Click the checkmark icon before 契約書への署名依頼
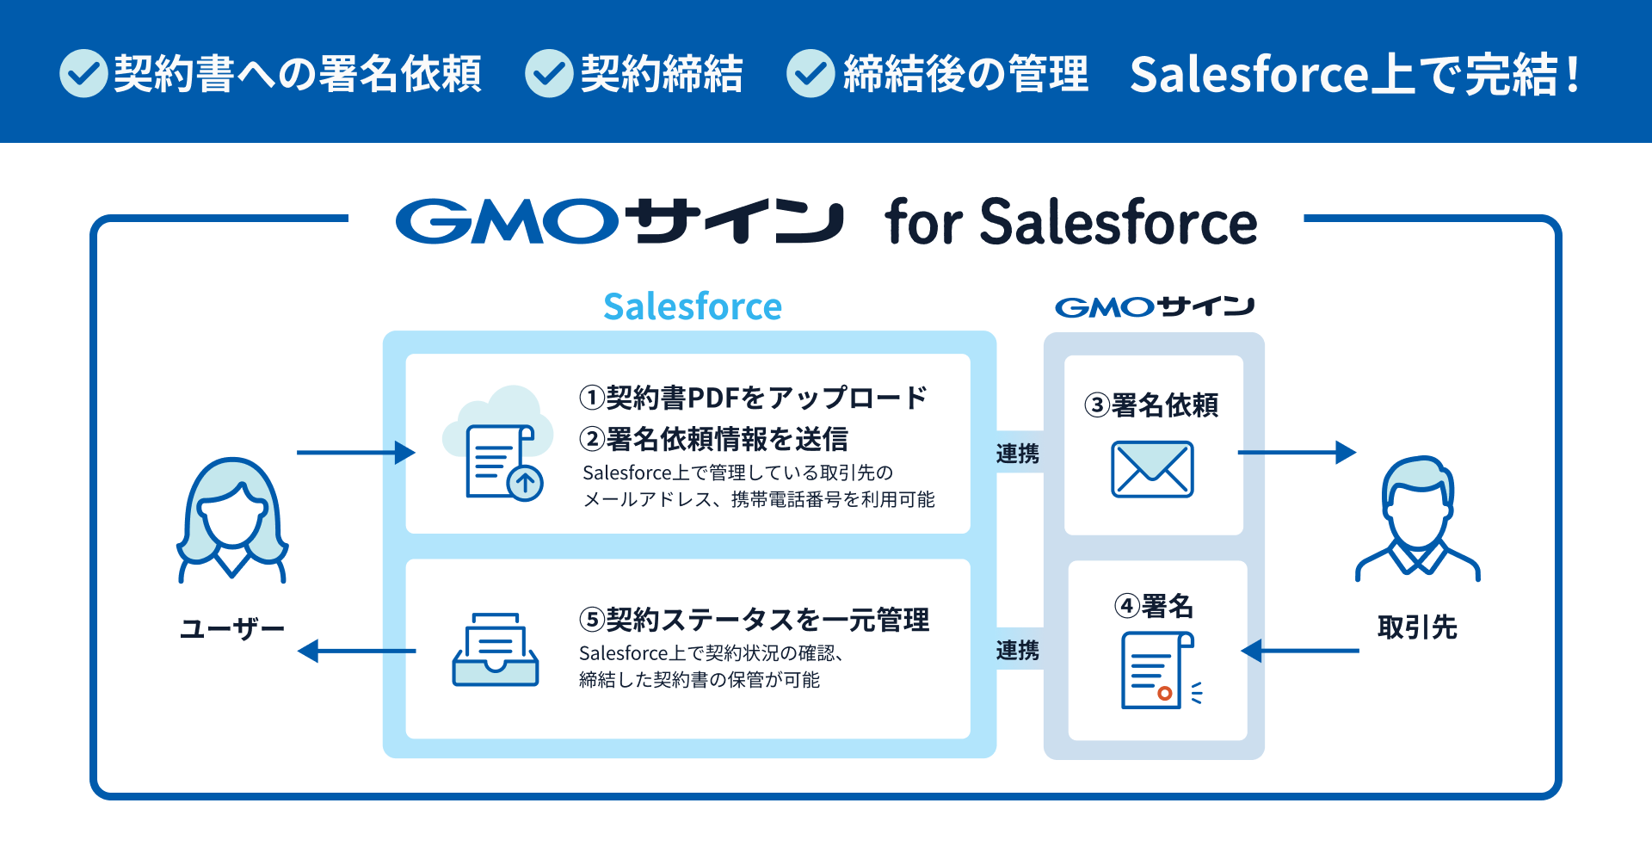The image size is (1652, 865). [x=83, y=73]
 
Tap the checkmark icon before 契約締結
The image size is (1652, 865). [x=549, y=73]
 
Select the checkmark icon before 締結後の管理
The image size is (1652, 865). [x=811, y=73]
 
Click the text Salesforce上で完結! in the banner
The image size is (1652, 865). [x=1355, y=74]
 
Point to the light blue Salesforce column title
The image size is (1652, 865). [x=693, y=306]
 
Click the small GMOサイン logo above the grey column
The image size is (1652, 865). [x=1155, y=306]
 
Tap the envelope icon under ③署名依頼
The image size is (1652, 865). [x=1152, y=469]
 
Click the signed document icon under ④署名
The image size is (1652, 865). [x=1161, y=670]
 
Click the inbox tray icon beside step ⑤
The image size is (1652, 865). [x=496, y=649]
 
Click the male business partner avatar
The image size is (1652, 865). [x=1418, y=518]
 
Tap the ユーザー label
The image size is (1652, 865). [x=232, y=629]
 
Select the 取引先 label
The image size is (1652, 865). [x=1417, y=627]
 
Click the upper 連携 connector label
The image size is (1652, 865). [x=1018, y=454]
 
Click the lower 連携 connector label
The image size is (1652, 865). [x=1018, y=651]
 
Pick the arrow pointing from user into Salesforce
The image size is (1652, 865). [x=356, y=453]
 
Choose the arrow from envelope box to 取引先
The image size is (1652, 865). [x=1297, y=453]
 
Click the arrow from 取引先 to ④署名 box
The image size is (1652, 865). [x=1300, y=651]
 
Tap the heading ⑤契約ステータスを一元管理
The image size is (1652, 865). [x=755, y=620]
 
